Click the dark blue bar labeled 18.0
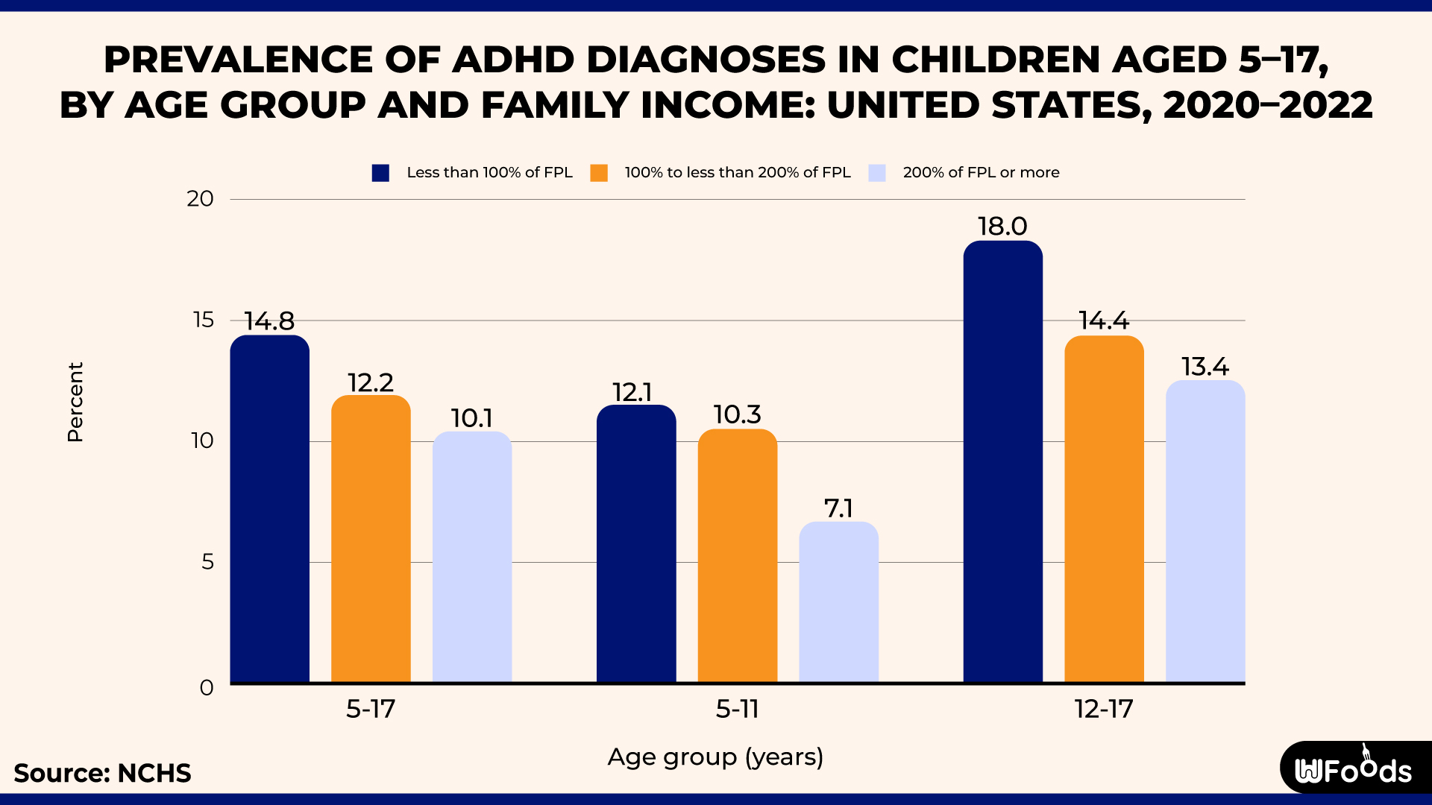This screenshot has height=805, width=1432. click(1002, 462)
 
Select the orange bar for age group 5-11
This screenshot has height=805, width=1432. click(737, 555)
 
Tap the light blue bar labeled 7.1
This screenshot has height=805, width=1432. click(838, 602)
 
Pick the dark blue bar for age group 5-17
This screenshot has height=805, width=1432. click(269, 509)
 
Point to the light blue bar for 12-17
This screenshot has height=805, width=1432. click(1205, 531)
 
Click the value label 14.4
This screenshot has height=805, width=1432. click(1104, 321)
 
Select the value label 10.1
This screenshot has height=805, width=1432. click(471, 418)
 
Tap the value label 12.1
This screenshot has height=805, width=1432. click(632, 392)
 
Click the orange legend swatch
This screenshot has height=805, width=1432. click(599, 173)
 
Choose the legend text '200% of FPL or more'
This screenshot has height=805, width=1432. click(981, 173)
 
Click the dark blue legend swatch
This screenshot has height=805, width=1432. click(380, 173)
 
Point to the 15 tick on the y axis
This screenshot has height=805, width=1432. click(203, 320)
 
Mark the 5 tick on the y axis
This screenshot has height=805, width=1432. click(207, 561)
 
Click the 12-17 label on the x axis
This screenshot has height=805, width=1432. click(1104, 709)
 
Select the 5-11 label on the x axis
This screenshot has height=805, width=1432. click(737, 709)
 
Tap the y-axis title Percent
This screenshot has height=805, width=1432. click(75, 402)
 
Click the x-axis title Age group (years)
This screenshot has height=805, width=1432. click(715, 757)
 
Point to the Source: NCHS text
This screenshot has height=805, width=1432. click(102, 773)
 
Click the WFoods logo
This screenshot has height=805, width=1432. click(1354, 769)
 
